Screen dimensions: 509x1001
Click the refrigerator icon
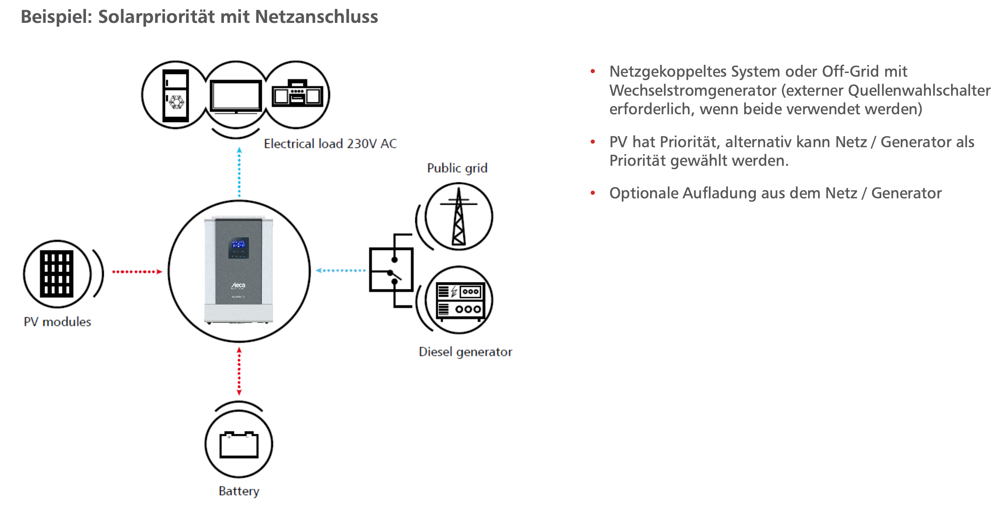click(175, 96)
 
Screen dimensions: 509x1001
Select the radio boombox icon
click(297, 94)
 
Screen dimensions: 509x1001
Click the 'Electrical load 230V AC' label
click(330, 144)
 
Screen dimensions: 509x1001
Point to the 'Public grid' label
click(457, 168)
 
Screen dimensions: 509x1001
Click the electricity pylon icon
click(459, 217)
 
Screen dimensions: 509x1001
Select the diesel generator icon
click(459, 300)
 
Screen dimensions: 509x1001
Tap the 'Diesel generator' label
click(465, 352)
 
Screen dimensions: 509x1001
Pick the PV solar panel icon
click(57, 274)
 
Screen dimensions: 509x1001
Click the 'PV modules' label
click(57, 322)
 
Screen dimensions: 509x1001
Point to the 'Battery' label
click(239, 491)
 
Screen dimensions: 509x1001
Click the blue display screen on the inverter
click(238, 245)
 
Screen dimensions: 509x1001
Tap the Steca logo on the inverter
click(238, 285)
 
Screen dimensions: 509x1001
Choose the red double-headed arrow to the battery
click(239, 371)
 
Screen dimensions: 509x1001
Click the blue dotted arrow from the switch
click(341, 270)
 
